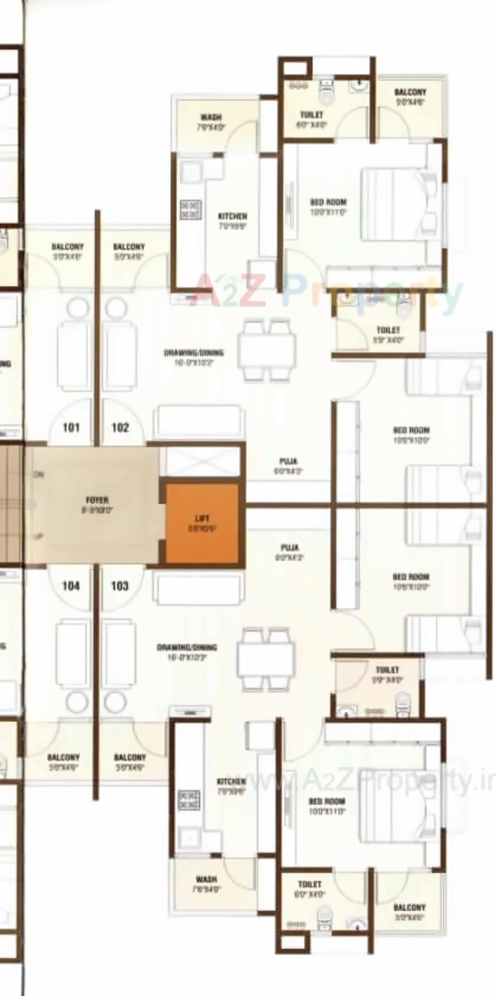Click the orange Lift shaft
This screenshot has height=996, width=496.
tap(202, 524)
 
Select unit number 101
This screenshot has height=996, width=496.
tap(71, 427)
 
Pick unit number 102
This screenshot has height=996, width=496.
tap(120, 427)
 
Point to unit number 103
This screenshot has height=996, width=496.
tap(119, 586)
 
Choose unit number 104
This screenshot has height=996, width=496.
tap(71, 586)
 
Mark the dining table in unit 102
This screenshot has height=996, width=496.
tap(266, 350)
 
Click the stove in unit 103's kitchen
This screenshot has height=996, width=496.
tap(189, 800)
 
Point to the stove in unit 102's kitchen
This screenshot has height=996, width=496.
tap(190, 210)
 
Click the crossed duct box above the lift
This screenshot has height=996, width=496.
tap(203, 461)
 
